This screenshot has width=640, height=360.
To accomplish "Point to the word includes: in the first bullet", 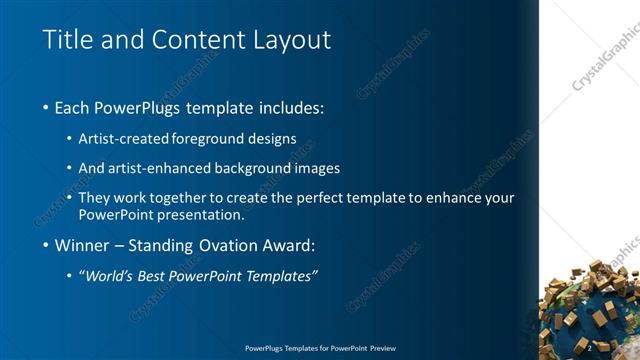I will [290, 107].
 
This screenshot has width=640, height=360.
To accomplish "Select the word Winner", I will [83, 245].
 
